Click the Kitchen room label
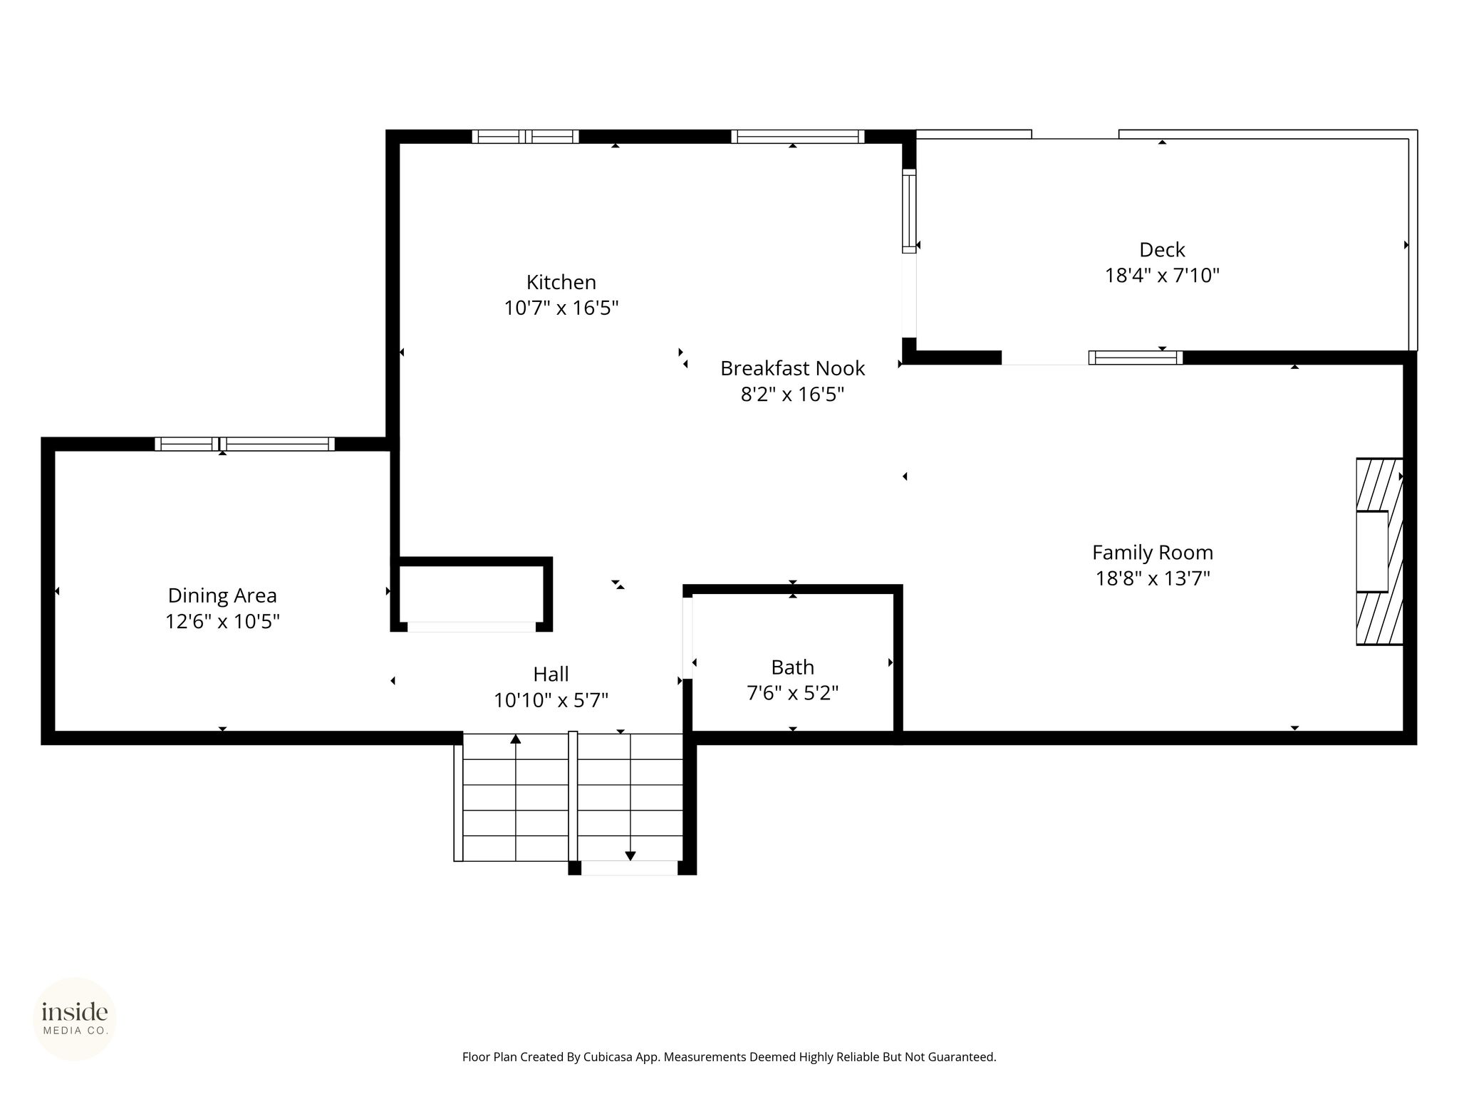tap(561, 283)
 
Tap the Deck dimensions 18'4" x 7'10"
tap(1162, 276)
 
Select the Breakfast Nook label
tap(792, 368)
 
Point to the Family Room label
tap(1152, 553)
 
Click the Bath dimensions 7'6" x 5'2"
tap(792, 693)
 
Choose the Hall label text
tap(551, 674)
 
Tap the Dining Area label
tap(222, 595)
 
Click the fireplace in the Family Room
tap(1379, 552)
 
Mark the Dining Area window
tap(244, 444)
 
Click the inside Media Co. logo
tap(75, 1019)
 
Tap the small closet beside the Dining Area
tap(471, 594)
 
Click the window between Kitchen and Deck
tap(908, 211)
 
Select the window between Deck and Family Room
tap(1136, 358)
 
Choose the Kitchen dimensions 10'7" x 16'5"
tap(561, 308)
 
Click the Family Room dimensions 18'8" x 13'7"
tap(1152, 578)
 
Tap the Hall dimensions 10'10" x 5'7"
tap(551, 701)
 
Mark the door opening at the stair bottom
tap(629, 868)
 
